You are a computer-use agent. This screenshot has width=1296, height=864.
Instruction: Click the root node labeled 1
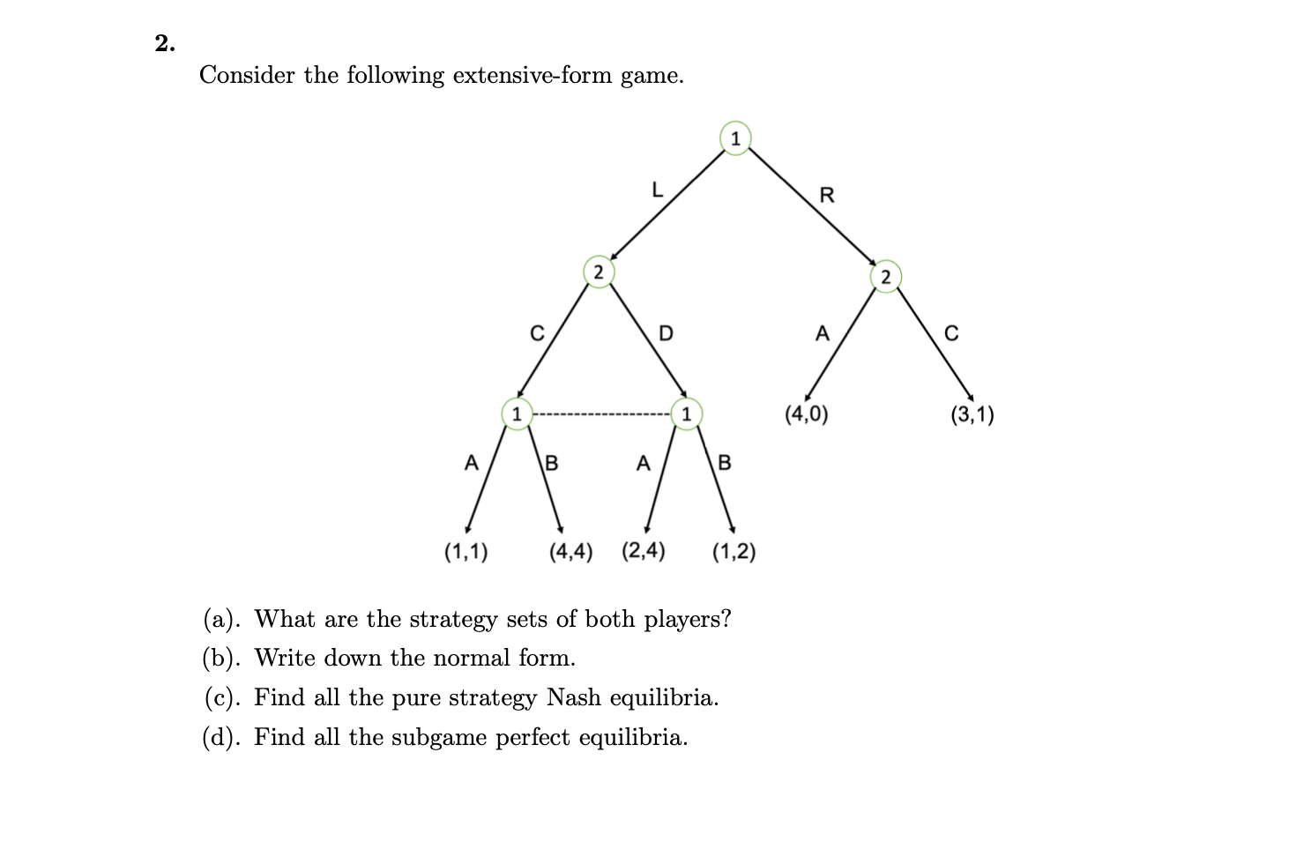(x=735, y=138)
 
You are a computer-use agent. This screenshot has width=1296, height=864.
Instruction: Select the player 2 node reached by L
(x=598, y=272)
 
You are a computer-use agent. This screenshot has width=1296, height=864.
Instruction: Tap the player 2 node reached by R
(x=886, y=277)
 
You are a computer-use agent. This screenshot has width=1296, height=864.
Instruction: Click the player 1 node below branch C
(x=518, y=413)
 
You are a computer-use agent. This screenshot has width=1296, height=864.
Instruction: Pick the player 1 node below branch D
(x=686, y=413)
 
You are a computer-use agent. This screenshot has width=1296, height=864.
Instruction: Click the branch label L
(x=656, y=190)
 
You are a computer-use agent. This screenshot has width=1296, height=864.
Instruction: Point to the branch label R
(x=826, y=195)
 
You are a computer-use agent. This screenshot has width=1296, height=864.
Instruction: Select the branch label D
(x=666, y=333)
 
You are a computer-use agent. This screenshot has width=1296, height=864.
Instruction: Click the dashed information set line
(x=601, y=413)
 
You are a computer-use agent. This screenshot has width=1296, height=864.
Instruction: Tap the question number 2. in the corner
(x=165, y=43)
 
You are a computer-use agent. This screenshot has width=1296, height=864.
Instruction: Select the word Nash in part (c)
(x=574, y=697)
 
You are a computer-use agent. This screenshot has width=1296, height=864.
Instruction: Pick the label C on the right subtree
(x=950, y=333)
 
